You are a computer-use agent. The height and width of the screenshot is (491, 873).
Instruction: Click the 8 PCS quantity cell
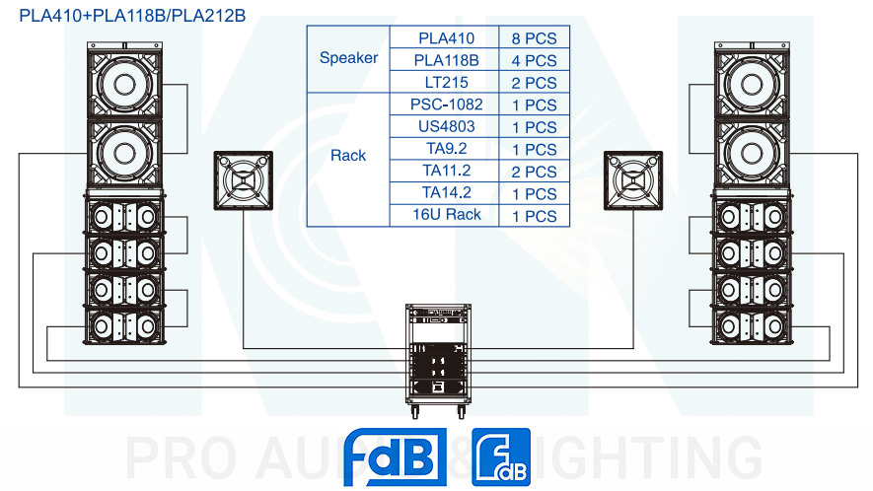click(534, 37)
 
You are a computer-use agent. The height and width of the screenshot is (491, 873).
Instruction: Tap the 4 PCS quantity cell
click(534, 60)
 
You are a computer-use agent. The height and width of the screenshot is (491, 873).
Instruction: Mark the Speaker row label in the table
click(348, 58)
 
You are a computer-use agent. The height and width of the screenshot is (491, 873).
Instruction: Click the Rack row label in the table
click(348, 156)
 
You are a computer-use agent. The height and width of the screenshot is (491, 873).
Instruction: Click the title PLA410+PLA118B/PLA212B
click(132, 16)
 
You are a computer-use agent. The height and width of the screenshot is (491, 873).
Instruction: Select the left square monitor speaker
click(244, 180)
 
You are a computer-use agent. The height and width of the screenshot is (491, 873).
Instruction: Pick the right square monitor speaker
click(633, 180)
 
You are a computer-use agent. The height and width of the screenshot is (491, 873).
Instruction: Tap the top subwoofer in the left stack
click(124, 83)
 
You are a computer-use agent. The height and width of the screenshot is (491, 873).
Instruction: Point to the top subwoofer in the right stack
click(752, 83)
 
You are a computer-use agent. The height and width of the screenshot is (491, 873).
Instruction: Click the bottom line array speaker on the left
click(124, 326)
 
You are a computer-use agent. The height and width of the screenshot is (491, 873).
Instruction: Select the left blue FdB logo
click(396, 457)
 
